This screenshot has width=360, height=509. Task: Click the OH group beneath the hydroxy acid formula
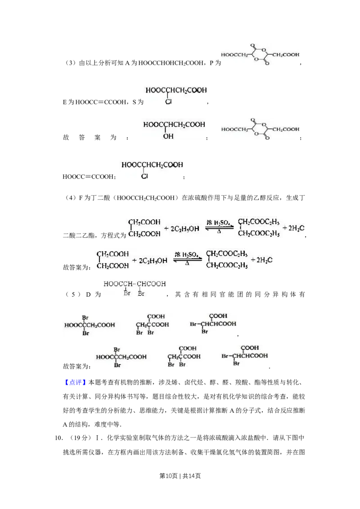[x=168, y=135]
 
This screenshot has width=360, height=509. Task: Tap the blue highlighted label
[x=75, y=383]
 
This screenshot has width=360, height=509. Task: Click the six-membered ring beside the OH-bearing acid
[x=261, y=129]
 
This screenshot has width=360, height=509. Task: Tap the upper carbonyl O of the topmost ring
[x=255, y=46]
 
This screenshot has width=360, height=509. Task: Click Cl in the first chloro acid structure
[x=168, y=102]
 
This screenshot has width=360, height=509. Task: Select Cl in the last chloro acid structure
[x=144, y=177]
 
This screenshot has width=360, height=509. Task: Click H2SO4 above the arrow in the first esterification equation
[x=219, y=222]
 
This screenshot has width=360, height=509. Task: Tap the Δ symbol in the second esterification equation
[x=187, y=264]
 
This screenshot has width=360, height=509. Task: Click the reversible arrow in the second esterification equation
[x=187, y=260]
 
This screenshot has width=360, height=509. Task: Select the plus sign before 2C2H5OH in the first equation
[x=166, y=228]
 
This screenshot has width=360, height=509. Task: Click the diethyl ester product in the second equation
[x=227, y=259]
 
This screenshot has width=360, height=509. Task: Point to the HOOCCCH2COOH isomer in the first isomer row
[x=90, y=325]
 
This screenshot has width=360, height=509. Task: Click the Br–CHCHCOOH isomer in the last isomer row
[x=245, y=356]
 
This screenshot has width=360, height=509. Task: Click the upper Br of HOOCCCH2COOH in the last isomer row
[x=117, y=349]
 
